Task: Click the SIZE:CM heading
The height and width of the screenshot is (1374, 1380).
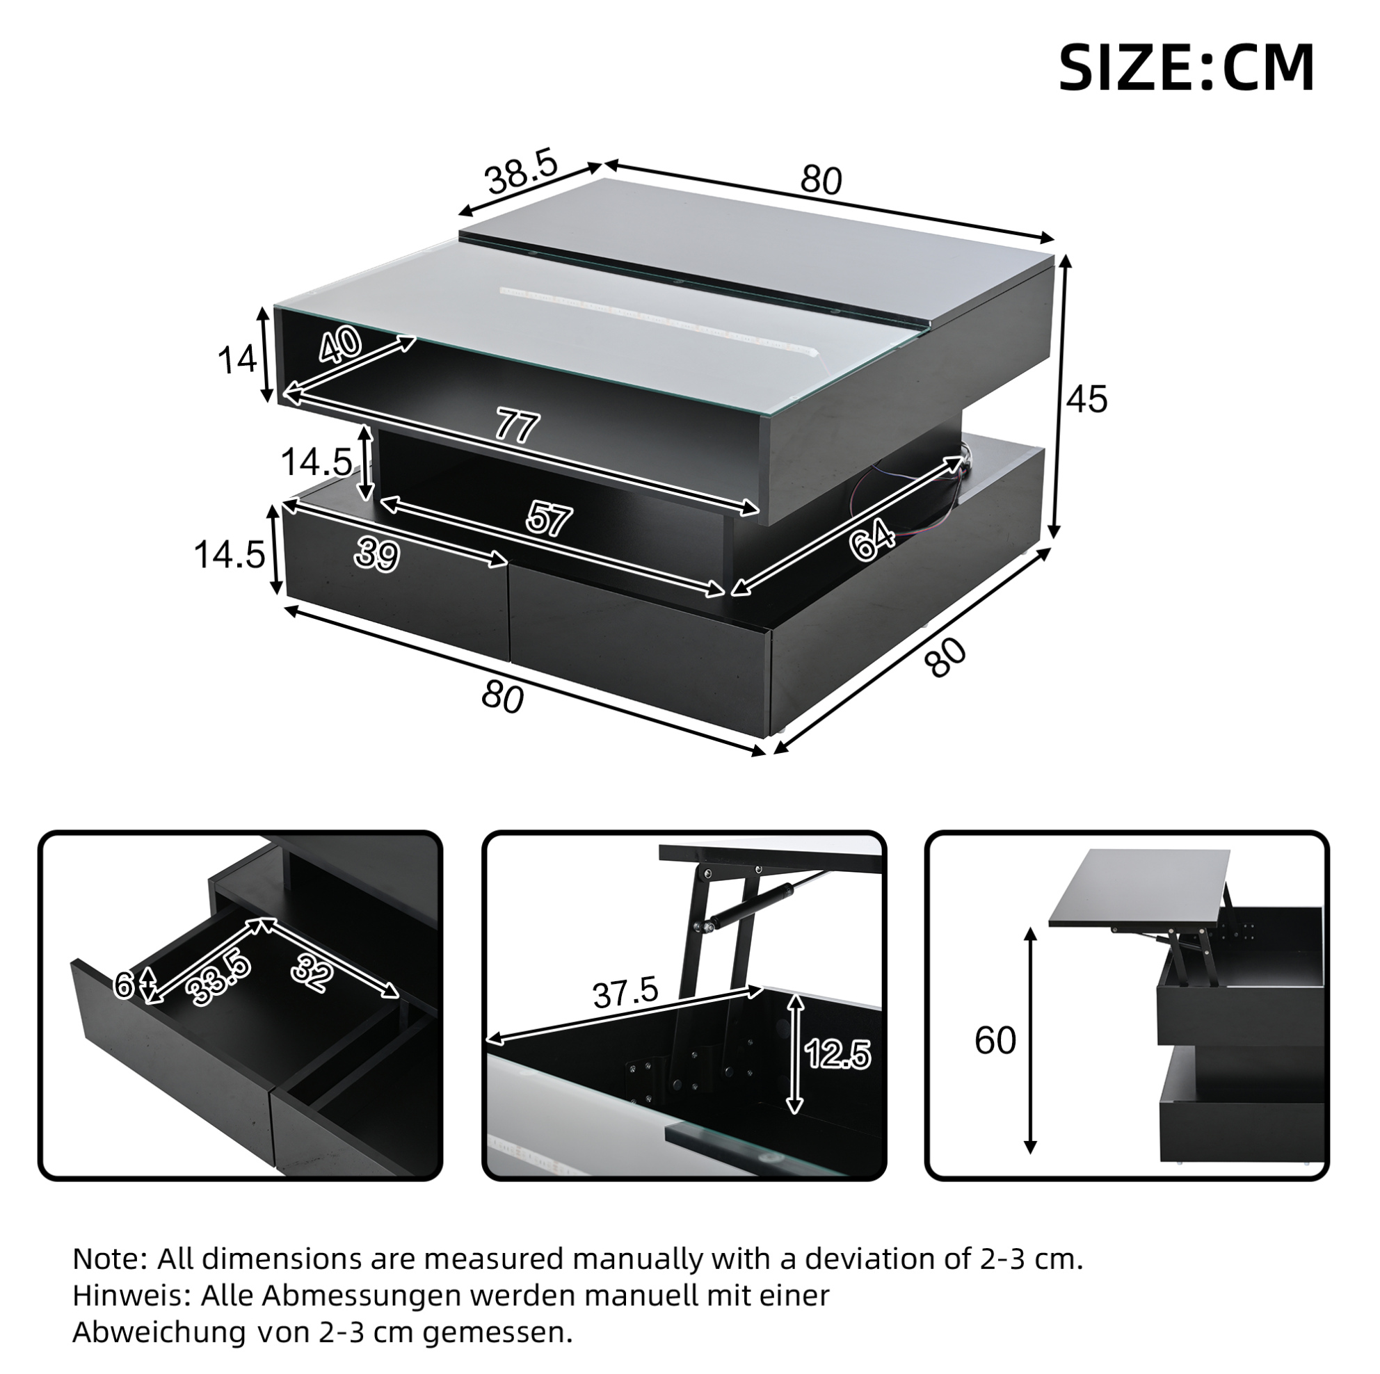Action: [1186, 68]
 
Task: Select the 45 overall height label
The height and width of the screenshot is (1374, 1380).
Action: [1086, 398]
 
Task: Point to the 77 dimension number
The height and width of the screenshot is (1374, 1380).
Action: [517, 428]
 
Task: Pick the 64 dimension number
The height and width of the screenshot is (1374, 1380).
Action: [872, 540]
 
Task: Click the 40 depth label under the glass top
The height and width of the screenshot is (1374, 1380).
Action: [340, 346]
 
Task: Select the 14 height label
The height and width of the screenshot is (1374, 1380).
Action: [236, 359]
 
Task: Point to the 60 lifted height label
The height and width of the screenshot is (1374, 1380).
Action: [995, 1040]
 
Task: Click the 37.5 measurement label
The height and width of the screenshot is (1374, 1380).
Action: [625, 994]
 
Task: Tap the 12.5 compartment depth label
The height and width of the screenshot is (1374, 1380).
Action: [838, 1054]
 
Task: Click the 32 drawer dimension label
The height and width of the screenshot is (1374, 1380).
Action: [312, 972]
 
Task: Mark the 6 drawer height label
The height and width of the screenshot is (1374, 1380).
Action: [124, 986]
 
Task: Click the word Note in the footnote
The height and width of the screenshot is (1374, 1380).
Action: [109, 1259]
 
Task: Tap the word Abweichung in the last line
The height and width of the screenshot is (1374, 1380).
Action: [159, 1332]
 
